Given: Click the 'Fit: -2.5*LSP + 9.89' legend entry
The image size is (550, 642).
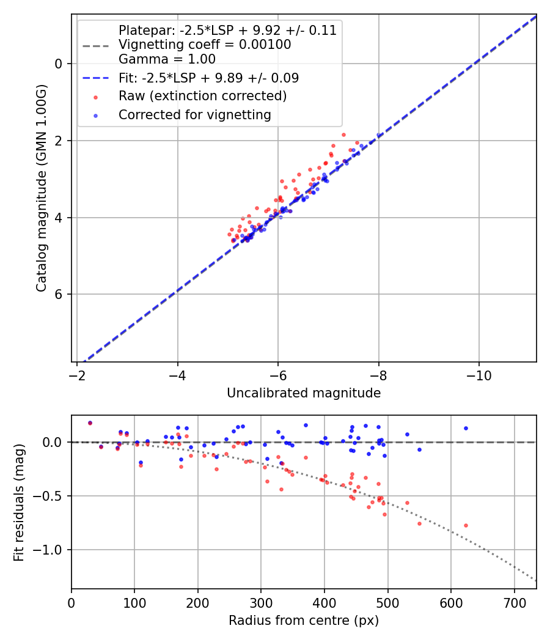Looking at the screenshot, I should click(x=208, y=78).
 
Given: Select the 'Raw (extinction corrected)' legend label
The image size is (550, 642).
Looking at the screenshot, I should click(x=202, y=96).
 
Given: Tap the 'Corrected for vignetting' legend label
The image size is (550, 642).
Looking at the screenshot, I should click(x=195, y=114).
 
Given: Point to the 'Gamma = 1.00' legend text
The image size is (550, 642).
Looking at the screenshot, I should click(x=167, y=59).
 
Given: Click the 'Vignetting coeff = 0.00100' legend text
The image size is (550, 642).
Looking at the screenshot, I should click(x=205, y=45).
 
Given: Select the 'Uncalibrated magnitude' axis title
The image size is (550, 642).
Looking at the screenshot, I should click(x=304, y=393).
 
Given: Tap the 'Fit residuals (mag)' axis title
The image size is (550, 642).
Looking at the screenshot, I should click(x=19, y=502).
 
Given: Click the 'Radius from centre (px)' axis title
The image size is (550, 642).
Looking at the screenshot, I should click(x=304, y=621).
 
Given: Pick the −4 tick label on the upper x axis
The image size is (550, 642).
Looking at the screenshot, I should click(x=178, y=374).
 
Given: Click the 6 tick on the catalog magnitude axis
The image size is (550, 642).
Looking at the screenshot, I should click(x=59, y=294).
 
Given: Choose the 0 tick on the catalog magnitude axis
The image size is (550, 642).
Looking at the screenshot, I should click(x=59, y=64).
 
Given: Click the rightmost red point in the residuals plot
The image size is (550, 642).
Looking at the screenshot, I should click(x=466, y=525).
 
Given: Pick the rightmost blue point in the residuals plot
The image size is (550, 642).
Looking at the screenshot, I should click(x=466, y=428).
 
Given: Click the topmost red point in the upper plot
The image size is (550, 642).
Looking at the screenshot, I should click(x=343, y=135).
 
